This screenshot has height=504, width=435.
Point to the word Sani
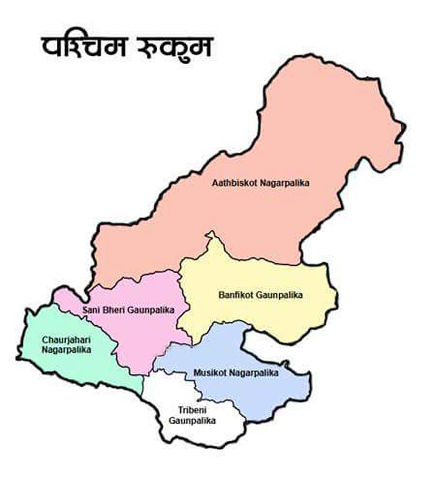(x=90, y=310)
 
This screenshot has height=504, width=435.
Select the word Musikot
(x=210, y=373)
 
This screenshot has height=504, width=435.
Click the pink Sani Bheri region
(x=137, y=336)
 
